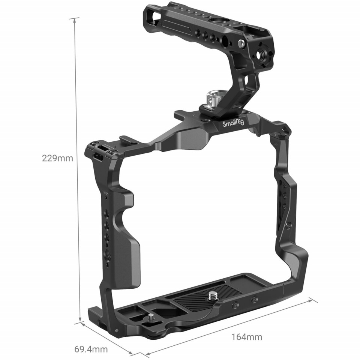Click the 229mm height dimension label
(x=57, y=158)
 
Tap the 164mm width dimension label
(x=246, y=337)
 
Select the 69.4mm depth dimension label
(x=91, y=349)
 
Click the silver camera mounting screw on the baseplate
(x=211, y=295)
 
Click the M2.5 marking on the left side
(x=106, y=193)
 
